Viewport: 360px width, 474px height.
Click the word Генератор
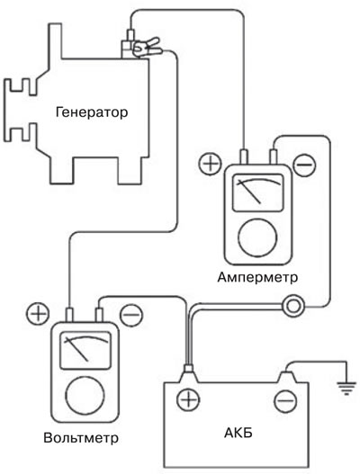(92, 112)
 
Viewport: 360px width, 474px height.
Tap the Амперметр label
(257, 277)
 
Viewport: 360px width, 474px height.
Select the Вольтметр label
(81, 438)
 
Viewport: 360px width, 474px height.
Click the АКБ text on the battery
(238, 433)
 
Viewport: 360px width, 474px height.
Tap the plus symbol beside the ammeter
(211, 164)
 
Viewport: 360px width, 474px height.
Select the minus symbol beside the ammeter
(304, 165)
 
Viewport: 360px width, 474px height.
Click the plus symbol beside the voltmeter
(38, 314)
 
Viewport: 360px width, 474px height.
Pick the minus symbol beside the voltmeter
(131, 315)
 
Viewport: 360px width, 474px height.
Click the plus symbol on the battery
(188, 399)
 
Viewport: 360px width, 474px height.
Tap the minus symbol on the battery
(285, 401)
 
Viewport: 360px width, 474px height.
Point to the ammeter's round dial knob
(257, 237)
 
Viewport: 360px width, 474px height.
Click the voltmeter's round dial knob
(85, 396)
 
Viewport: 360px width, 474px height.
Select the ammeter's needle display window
(258, 192)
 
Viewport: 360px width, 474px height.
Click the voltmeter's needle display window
(85, 351)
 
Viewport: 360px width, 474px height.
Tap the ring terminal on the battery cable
(292, 306)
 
